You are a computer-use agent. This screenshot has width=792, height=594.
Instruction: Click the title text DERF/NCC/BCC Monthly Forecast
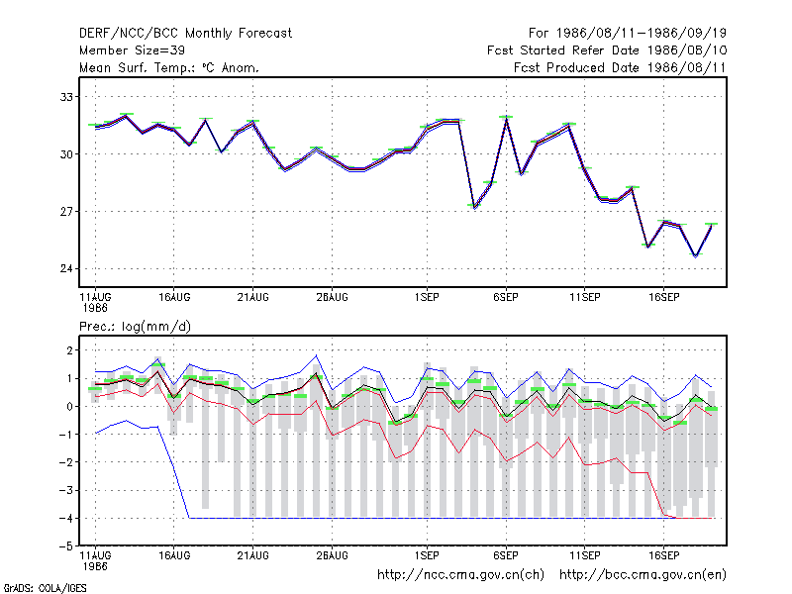[x=185, y=34]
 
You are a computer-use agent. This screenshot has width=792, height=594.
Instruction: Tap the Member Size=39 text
[x=132, y=50]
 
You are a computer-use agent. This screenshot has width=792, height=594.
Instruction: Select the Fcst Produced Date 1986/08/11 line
[x=620, y=67]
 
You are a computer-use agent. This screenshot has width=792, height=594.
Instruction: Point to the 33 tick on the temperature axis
[x=66, y=97]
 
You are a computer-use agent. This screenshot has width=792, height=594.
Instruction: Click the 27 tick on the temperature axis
[x=66, y=212]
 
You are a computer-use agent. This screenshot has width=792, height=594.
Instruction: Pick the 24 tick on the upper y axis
[x=66, y=268]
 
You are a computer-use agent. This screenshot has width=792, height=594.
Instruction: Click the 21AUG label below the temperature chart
[x=253, y=298]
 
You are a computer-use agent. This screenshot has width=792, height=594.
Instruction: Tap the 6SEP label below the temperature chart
[x=506, y=298]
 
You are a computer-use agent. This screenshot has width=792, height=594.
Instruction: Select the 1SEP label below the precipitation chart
[x=427, y=555]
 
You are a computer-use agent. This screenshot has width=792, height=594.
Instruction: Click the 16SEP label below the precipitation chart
[x=663, y=555]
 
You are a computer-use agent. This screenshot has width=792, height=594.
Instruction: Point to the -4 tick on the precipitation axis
[x=66, y=519]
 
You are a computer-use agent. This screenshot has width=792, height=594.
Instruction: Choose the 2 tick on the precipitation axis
[x=69, y=350]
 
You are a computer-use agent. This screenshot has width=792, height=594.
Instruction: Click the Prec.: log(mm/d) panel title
[x=135, y=327]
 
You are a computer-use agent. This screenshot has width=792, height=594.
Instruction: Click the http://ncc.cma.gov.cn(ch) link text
[x=460, y=575]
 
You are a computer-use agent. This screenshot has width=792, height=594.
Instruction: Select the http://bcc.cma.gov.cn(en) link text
[x=643, y=575]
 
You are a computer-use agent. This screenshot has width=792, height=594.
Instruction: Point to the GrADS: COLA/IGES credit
[x=45, y=588]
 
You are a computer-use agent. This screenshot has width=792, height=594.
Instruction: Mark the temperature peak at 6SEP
[x=506, y=119]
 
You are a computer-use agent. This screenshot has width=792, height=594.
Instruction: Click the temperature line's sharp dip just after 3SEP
[x=474, y=206]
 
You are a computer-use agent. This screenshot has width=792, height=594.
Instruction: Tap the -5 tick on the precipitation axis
[x=66, y=546]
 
